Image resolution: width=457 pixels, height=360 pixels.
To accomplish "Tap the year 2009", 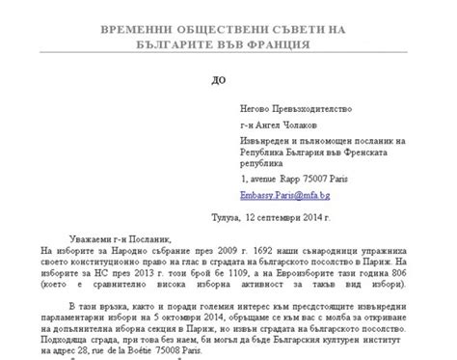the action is tap(219, 250).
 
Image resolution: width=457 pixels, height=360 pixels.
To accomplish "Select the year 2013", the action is tap(149, 274).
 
